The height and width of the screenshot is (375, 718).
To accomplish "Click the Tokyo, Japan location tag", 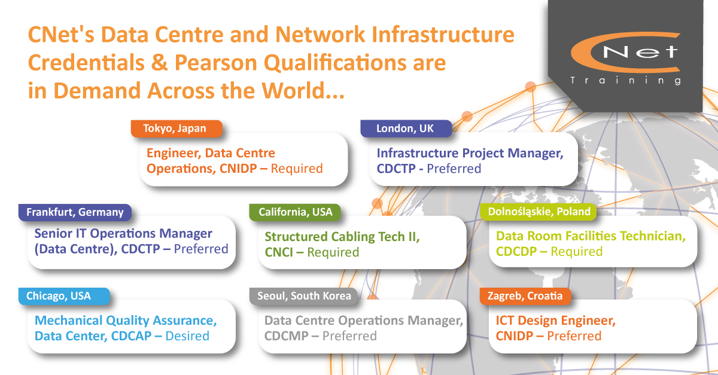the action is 177,129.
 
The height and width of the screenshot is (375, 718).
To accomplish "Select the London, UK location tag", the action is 406,129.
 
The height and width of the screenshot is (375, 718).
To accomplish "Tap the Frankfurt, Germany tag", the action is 75,212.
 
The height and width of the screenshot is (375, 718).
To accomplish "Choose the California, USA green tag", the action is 295,212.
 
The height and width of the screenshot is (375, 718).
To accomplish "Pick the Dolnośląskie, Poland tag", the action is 538,212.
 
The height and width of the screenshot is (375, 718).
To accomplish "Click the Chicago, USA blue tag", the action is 64,296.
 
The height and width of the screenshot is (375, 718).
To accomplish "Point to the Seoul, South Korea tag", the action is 304,296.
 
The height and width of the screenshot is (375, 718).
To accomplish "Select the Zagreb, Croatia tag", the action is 525,296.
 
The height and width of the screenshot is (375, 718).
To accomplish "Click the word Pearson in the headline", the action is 215,62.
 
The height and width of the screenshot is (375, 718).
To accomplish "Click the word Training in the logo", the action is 626,80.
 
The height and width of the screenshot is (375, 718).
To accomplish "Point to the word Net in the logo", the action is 640,52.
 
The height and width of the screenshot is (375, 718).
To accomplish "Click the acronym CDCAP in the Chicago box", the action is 131,336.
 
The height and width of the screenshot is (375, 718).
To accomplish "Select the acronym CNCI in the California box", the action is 279,252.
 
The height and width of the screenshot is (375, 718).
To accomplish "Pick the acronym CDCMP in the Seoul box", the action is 286,336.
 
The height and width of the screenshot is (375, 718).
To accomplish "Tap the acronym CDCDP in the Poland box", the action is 516,252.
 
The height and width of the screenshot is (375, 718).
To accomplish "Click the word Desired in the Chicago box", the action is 187,336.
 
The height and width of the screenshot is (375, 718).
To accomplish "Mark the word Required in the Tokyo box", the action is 297,169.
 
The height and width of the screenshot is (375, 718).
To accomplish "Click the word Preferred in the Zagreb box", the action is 574,336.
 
